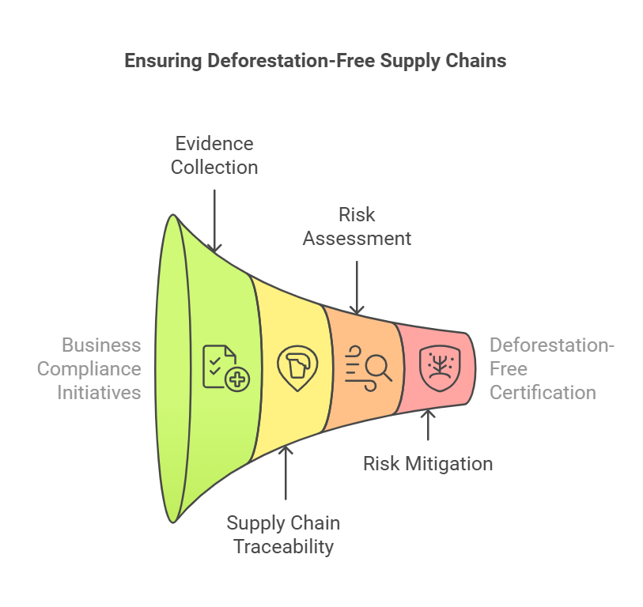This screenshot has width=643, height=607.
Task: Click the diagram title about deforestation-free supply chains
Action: click(x=316, y=61)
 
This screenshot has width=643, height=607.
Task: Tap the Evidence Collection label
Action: click(x=214, y=155)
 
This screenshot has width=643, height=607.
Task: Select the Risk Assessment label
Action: click(x=357, y=226)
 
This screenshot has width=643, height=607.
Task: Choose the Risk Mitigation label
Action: click(x=428, y=463)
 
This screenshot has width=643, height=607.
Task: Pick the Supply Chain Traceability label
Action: click(x=283, y=534)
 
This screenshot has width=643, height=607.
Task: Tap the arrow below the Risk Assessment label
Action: click(x=357, y=286)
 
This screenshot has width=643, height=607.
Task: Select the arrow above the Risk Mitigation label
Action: click(x=428, y=428)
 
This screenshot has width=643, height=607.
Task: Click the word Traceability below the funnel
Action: click(x=283, y=546)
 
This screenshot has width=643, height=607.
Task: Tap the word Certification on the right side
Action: click(x=543, y=392)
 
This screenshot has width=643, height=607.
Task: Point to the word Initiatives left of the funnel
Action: click(x=99, y=392)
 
